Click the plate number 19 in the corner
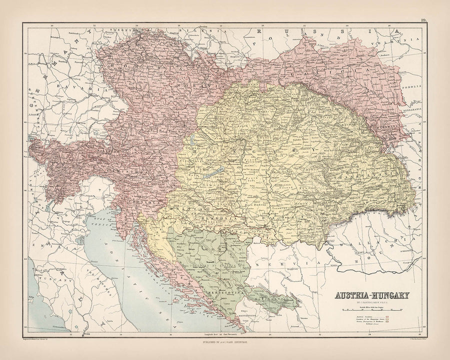pos(423,20)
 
